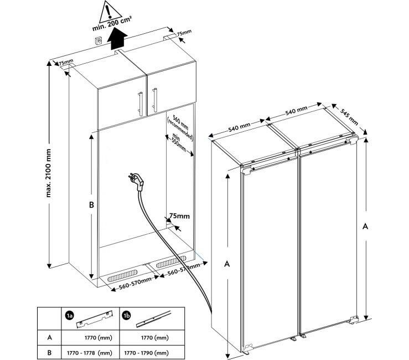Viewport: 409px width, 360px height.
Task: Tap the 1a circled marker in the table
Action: pyautogui.click(x=69, y=315)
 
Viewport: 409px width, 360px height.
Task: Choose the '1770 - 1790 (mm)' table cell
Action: pyautogui.click(x=146, y=351)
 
